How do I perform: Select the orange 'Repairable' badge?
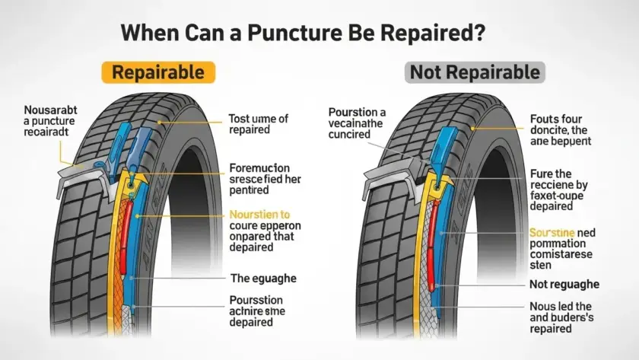point(158,73)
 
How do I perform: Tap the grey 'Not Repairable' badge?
point(475,73)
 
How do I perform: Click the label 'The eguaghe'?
point(262,279)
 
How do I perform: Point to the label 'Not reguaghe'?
point(564,284)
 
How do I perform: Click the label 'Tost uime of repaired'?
point(259,125)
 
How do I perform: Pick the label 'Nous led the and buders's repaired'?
point(562,317)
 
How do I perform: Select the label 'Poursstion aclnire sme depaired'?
point(262,311)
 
